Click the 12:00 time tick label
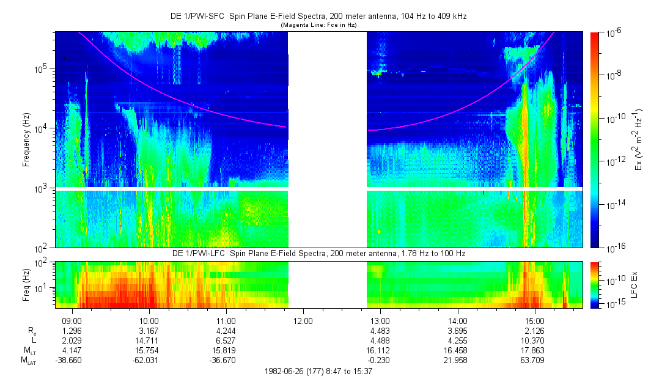(303, 320)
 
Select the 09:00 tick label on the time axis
(72, 320)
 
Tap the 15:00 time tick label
(534, 320)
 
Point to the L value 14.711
(149, 340)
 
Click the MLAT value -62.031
(149, 360)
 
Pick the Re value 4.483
(380, 330)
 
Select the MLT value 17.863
(534, 350)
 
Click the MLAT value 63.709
(534, 360)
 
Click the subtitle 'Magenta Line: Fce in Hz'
(318, 25)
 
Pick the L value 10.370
(534, 340)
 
